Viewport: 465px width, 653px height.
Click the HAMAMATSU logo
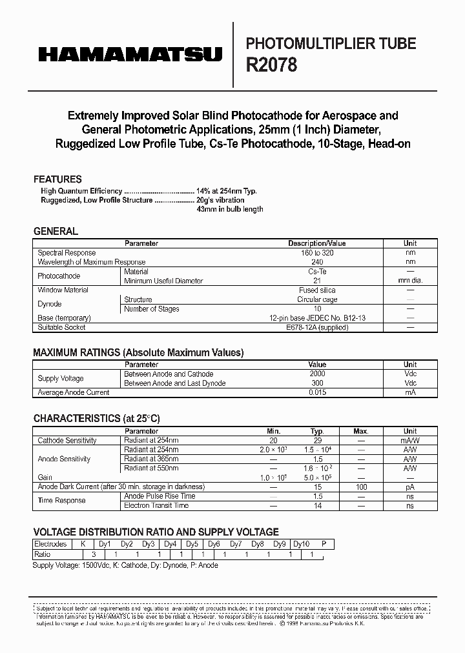[x=130, y=55]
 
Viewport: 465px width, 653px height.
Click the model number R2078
[x=271, y=65]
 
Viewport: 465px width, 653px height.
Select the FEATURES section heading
[x=57, y=179]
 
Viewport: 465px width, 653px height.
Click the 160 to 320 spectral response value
[x=316, y=253]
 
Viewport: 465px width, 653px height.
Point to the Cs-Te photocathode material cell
[x=316, y=272]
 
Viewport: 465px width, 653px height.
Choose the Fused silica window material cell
[x=316, y=290]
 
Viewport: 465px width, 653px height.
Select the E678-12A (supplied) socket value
[x=316, y=327]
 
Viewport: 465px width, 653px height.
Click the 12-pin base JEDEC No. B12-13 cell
[x=316, y=318]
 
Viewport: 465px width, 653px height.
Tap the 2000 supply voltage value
[x=317, y=374]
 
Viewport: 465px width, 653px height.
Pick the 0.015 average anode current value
[x=317, y=392]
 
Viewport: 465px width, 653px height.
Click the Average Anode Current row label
[x=74, y=392]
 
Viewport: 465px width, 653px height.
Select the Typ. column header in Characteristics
[x=317, y=431]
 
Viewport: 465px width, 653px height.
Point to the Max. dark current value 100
[x=361, y=487]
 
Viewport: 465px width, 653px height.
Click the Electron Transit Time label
[x=156, y=505]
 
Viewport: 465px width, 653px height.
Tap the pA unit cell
[x=410, y=487]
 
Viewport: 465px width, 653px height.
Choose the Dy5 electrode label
[x=192, y=545]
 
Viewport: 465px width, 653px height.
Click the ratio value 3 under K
[x=94, y=554]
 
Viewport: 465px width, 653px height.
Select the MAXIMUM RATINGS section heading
[x=138, y=353]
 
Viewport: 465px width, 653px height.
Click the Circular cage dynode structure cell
[x=316, y=299]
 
